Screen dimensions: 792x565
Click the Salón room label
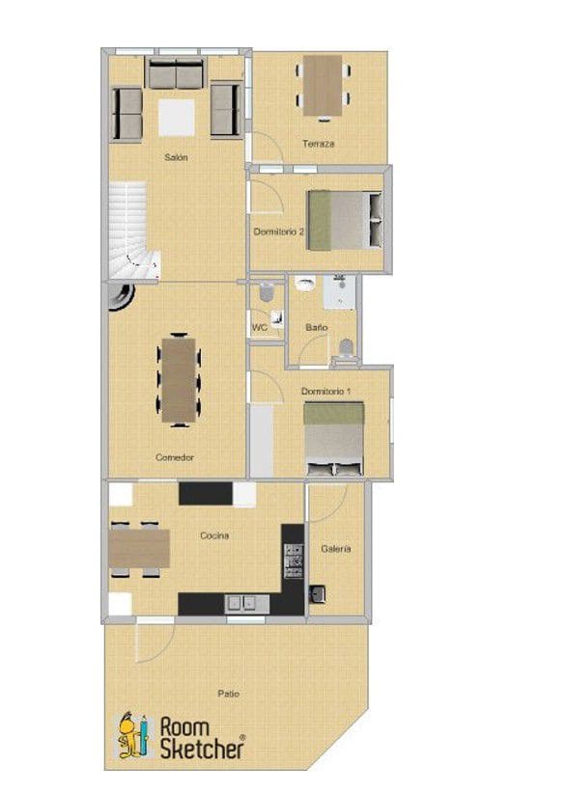point(175,156)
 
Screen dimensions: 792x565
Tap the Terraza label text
point(318,144)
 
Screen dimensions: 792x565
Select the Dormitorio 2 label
point(279,232)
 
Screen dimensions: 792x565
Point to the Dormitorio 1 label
point(326,391)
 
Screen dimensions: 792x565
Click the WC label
point(259,328)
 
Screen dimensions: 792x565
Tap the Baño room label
point(316,328)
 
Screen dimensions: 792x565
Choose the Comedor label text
point(175,457)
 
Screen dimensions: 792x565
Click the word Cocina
point(214,535)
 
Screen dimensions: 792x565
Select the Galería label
point(334,549)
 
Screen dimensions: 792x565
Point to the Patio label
point(229,693)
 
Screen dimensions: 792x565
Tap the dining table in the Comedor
point(180,379)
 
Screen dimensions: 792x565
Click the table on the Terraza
point(323,85)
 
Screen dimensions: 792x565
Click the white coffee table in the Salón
point(177,118)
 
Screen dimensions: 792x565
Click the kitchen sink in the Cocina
point(245,604)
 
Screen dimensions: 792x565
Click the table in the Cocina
point(139,548)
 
